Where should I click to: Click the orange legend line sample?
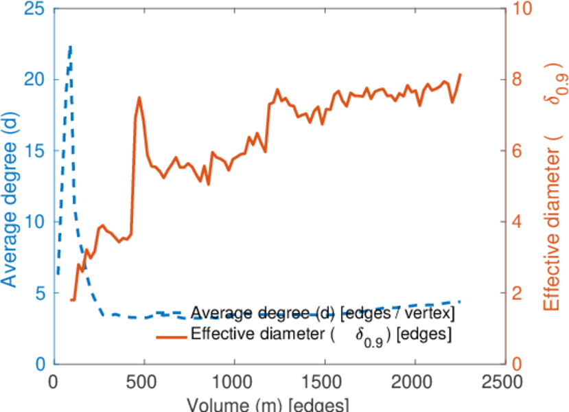(x=172, y=336)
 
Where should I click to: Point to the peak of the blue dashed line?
(x=70, y=46)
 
